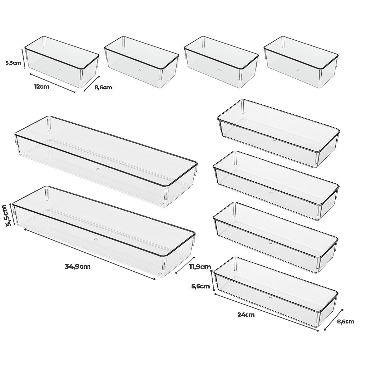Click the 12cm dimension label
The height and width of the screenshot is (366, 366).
click(42, 86)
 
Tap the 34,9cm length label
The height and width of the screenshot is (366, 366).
click(78, 266)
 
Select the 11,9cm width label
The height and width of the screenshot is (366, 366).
click(200, 267)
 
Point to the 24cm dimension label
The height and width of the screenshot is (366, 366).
click(246, 315)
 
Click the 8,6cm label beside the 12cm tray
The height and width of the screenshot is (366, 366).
click(103, 88)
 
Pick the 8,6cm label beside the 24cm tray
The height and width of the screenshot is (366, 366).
click(346, 322)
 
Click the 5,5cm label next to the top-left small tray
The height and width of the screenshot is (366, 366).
click(13, 63)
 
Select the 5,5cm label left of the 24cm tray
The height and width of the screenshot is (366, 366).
click(201, 286)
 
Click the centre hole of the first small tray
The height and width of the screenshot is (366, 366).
click(59, 70)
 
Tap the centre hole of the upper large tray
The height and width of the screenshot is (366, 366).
click(98, 169)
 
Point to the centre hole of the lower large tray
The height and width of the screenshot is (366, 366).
click(96, 239)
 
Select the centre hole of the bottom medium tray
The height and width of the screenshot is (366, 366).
click(270, 298)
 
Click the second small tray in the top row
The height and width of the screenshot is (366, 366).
click(142, 62)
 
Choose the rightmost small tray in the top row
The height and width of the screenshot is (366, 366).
click(301, 62)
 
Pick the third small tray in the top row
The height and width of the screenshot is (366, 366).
click(221, 62)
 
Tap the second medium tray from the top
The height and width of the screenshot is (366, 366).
click(276, 186)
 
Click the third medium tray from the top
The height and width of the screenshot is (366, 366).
click(276, 238)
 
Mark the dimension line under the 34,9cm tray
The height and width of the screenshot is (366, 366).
click(90, 254)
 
